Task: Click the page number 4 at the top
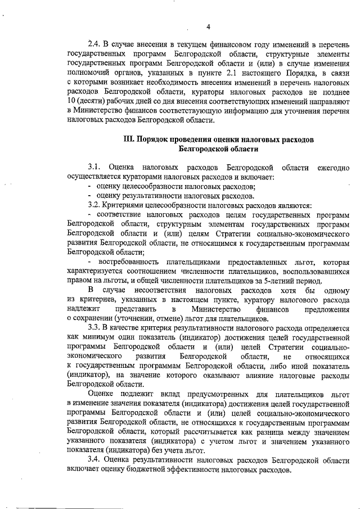(x=208, y=26)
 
